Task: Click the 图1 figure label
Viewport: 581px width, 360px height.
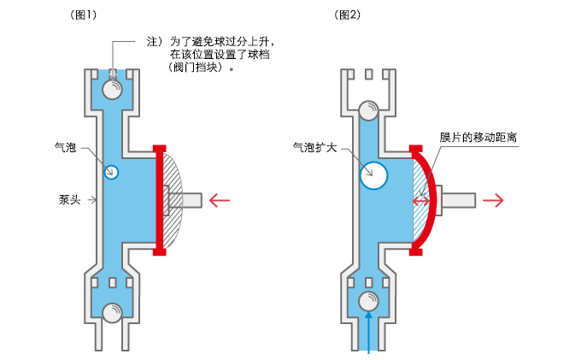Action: [83, 15]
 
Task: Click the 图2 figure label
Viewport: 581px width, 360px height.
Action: [347, 15]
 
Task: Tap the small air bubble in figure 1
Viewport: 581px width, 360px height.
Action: [111, 172]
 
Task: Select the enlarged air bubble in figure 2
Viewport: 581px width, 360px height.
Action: [373, 175]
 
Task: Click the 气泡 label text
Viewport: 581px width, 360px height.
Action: [65, 148]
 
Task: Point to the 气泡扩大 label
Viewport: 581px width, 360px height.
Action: [314, 148]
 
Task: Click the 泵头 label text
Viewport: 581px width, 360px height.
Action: [69, 200]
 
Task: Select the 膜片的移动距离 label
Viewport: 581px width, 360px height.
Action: [478, 137]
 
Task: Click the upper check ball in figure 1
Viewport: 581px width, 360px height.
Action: [112, 89]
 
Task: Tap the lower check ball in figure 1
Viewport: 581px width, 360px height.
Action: [112, 313]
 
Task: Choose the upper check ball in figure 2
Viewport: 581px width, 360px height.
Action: [369, 110]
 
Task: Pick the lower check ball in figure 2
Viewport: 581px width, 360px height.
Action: [369, 301]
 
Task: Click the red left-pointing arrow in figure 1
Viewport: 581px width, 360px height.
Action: [220, 200]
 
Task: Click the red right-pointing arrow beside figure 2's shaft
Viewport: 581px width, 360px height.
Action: [493, 200]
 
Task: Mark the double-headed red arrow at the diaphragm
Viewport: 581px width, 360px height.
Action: [421, 201]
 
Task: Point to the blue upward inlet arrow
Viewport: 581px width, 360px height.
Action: [369, 332]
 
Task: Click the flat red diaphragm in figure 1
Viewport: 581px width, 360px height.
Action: [159, 200]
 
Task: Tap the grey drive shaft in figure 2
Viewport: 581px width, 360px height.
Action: [455, 200]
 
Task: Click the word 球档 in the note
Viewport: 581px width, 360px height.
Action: [259, 55]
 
